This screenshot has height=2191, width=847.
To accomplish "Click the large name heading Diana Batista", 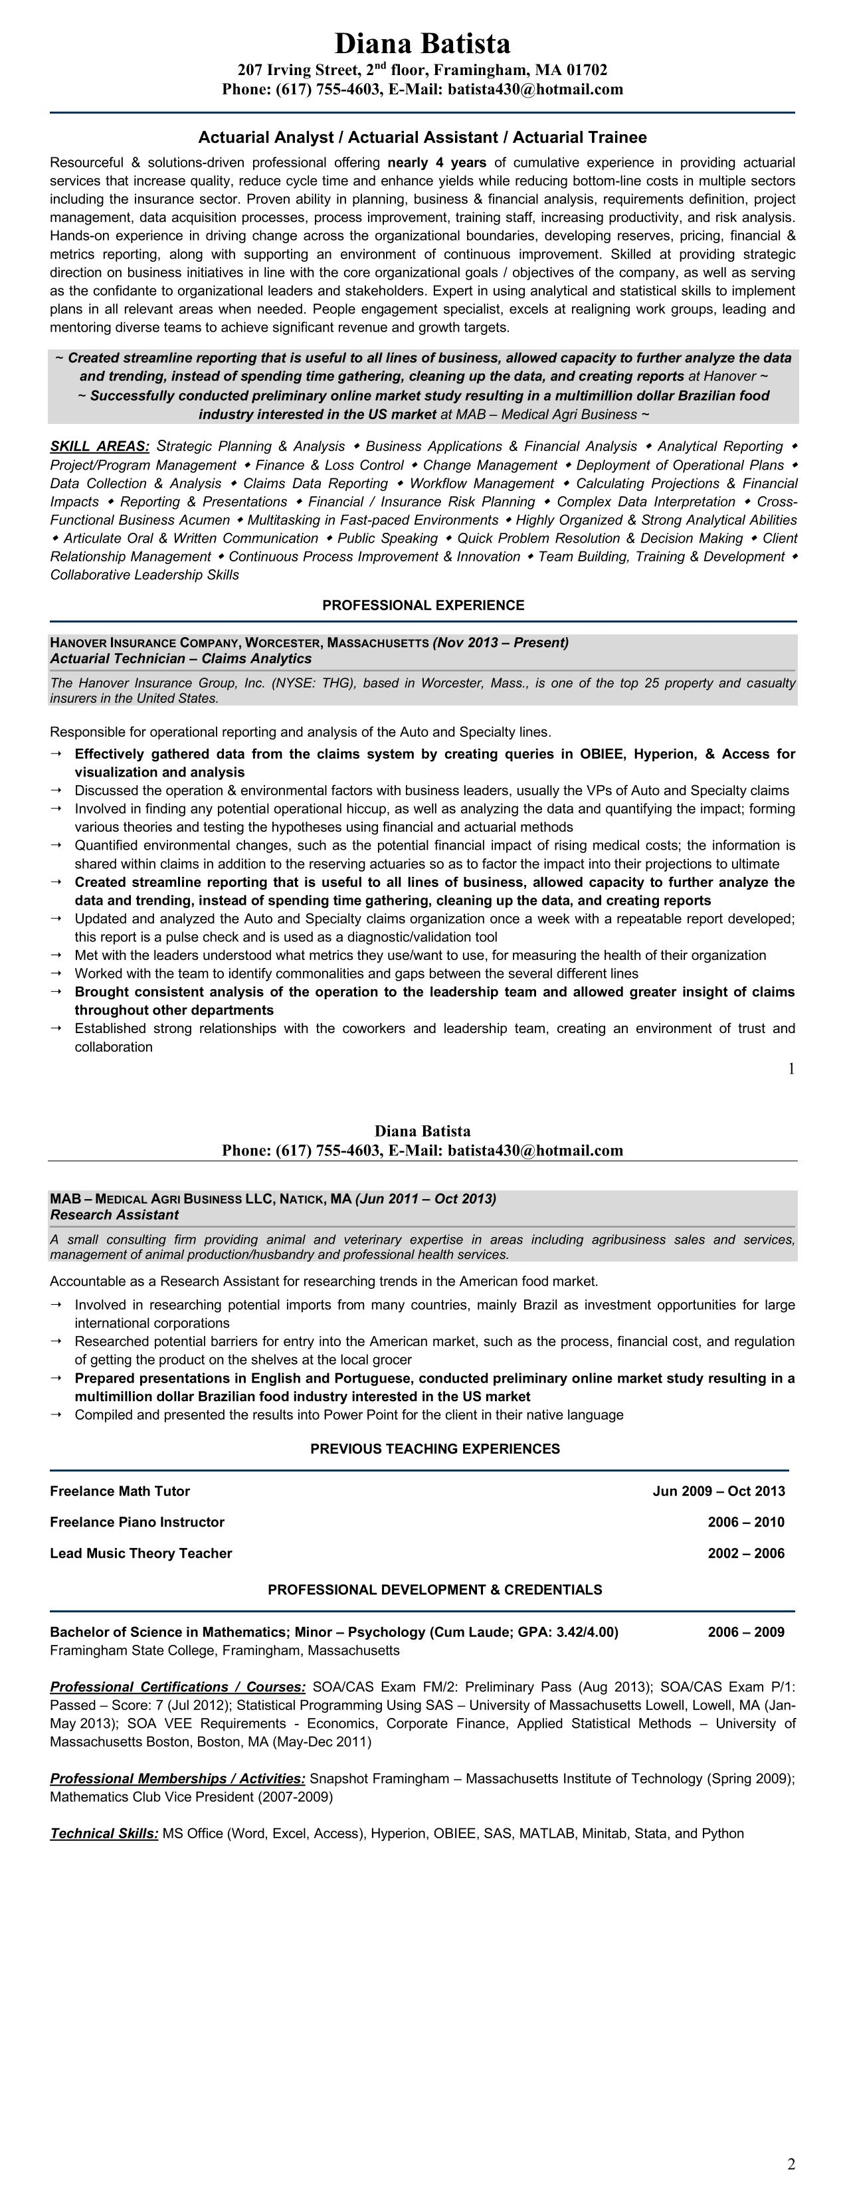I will click(422, 43).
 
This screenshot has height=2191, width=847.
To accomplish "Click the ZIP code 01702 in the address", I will click(587, 70).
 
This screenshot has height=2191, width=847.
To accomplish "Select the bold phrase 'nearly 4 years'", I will click(436, 163).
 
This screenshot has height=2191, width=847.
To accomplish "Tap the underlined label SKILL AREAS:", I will click(100, 446).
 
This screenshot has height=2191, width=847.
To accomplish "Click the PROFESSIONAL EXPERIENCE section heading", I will click(423, 606).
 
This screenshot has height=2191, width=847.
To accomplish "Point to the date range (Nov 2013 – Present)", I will click(500, 642).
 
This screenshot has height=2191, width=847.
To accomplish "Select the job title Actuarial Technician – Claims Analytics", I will click(180, 658).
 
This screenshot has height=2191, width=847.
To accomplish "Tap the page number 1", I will click(791, 1069).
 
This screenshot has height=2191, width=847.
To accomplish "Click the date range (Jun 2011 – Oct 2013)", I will click(425, 1198).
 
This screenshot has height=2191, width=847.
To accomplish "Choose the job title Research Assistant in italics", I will click(114, 1214).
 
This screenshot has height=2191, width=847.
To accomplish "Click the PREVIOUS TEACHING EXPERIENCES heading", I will click(434, 1448).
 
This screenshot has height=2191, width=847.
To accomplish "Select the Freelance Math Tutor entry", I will click(120, 1491).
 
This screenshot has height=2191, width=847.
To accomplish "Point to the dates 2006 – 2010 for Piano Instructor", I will click(746, 1521).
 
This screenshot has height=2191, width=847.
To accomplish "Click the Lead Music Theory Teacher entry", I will click(140, 1553).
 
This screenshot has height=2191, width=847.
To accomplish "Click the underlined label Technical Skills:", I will click(104, 1834).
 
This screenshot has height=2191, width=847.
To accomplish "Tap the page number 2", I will click(791, 2164).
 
